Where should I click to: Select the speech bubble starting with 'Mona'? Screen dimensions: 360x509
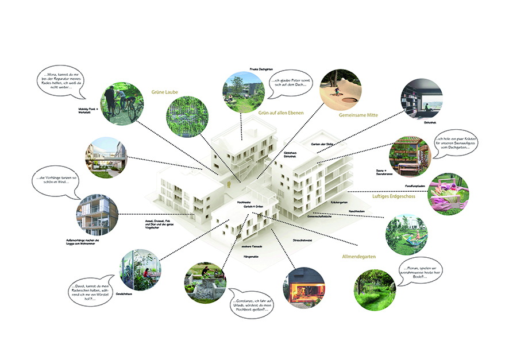(x=63, y=82)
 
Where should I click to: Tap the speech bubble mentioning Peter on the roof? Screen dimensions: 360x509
(x=291, y=84)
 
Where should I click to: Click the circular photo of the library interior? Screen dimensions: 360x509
(x=422, y=99)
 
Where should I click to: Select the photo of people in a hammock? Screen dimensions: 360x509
(x=406, y=234)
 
